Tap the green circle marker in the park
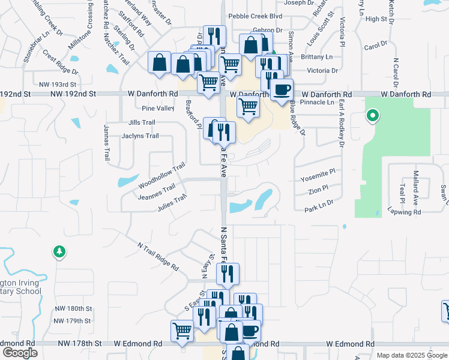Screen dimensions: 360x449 tap(373, 115)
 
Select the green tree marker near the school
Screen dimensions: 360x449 tap(59, 251)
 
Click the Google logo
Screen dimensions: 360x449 tap(20, 353)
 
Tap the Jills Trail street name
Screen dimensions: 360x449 tap(142, 122)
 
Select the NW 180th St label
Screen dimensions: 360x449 tap(71, 308)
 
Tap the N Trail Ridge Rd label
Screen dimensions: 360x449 tap(158, 256)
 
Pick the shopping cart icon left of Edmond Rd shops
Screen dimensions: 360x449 tap(182, 329)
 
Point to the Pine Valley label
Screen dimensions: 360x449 tap(158, 109)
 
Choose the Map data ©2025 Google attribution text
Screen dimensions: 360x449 tap(411, 355)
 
